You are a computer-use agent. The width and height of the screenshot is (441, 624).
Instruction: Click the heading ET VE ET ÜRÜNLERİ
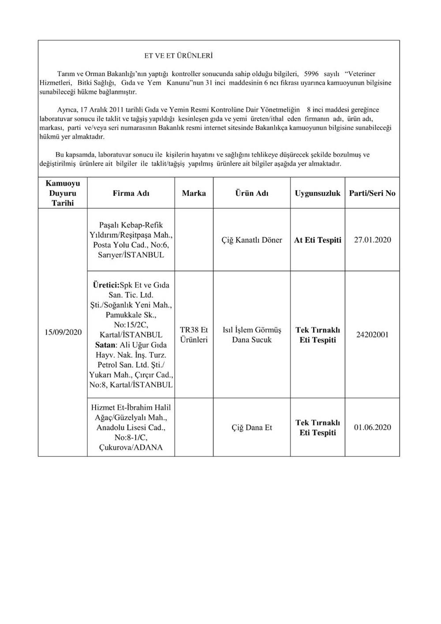pyautogui.click(x=179, y=56)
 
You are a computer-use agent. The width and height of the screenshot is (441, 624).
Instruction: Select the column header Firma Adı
pyautogui.click(x=131, y=193)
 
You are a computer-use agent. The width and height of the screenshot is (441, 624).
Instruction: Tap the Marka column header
pyautogui.click(x=194, y=193)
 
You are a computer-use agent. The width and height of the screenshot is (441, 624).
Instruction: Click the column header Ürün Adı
pyautogui.click(x=252, y=193)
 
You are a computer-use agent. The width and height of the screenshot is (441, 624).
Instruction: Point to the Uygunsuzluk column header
pyautogui.click(x=318, y=193)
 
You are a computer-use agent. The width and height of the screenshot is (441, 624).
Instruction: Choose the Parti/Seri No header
pyautogui.click(x=372, y=193)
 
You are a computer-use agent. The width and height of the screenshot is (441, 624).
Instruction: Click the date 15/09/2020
pyautogui.click(x=63, y=332)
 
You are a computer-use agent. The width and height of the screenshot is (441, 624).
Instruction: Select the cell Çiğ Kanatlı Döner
pyautogui.click(x=252, y=240)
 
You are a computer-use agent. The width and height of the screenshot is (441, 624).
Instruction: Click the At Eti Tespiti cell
pyautogui.click(x=318, y=240)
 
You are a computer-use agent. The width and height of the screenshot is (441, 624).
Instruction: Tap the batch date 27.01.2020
pyautogui.click(x=372, y=240)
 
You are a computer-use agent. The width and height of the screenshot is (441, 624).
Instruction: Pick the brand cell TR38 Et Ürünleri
pyautogui.click(x=194, y=335)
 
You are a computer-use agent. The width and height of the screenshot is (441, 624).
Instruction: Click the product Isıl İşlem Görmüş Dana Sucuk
pyautogui.click(x=252, y=335)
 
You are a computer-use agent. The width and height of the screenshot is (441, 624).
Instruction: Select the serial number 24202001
pyautogui.click(x=372, y=335)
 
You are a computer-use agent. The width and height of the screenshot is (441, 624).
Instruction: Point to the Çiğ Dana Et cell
pyautogui.click(x=252, y=427)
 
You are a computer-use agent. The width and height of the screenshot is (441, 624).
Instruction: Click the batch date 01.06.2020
pyautogui.click(x=372, y=427)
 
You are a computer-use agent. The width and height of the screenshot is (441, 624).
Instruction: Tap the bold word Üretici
pyautogui.click(x=106, y=285)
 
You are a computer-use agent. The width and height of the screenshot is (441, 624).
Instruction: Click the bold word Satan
pyautogui.click(x=105, y=345)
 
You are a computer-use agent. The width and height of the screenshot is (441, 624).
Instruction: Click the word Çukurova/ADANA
pyautogui.click(x=131, y=448)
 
